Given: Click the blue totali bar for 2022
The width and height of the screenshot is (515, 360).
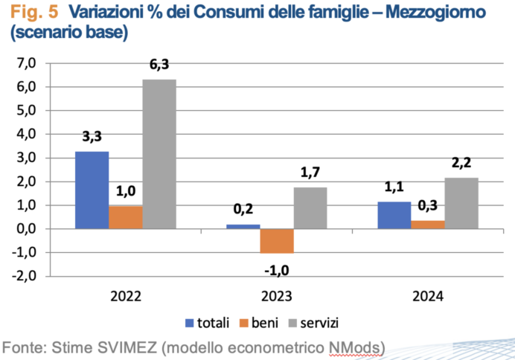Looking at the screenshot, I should [92, 190].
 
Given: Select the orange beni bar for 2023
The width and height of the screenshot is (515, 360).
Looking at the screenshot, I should [277, 241].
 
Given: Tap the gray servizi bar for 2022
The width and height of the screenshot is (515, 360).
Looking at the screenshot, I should [159, 154].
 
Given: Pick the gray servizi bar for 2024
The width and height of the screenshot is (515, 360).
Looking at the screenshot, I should [462, 203].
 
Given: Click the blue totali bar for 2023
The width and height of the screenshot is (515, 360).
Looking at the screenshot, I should [243, 226].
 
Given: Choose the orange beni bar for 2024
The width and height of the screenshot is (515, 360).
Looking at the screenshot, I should [428, 225].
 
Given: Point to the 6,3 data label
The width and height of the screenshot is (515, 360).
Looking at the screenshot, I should [159, 65].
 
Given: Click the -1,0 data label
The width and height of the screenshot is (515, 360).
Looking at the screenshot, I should [277, 266].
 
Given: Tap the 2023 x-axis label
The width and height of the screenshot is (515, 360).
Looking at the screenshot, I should [277, 296].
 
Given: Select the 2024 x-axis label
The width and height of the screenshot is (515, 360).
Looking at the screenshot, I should [427, 296].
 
